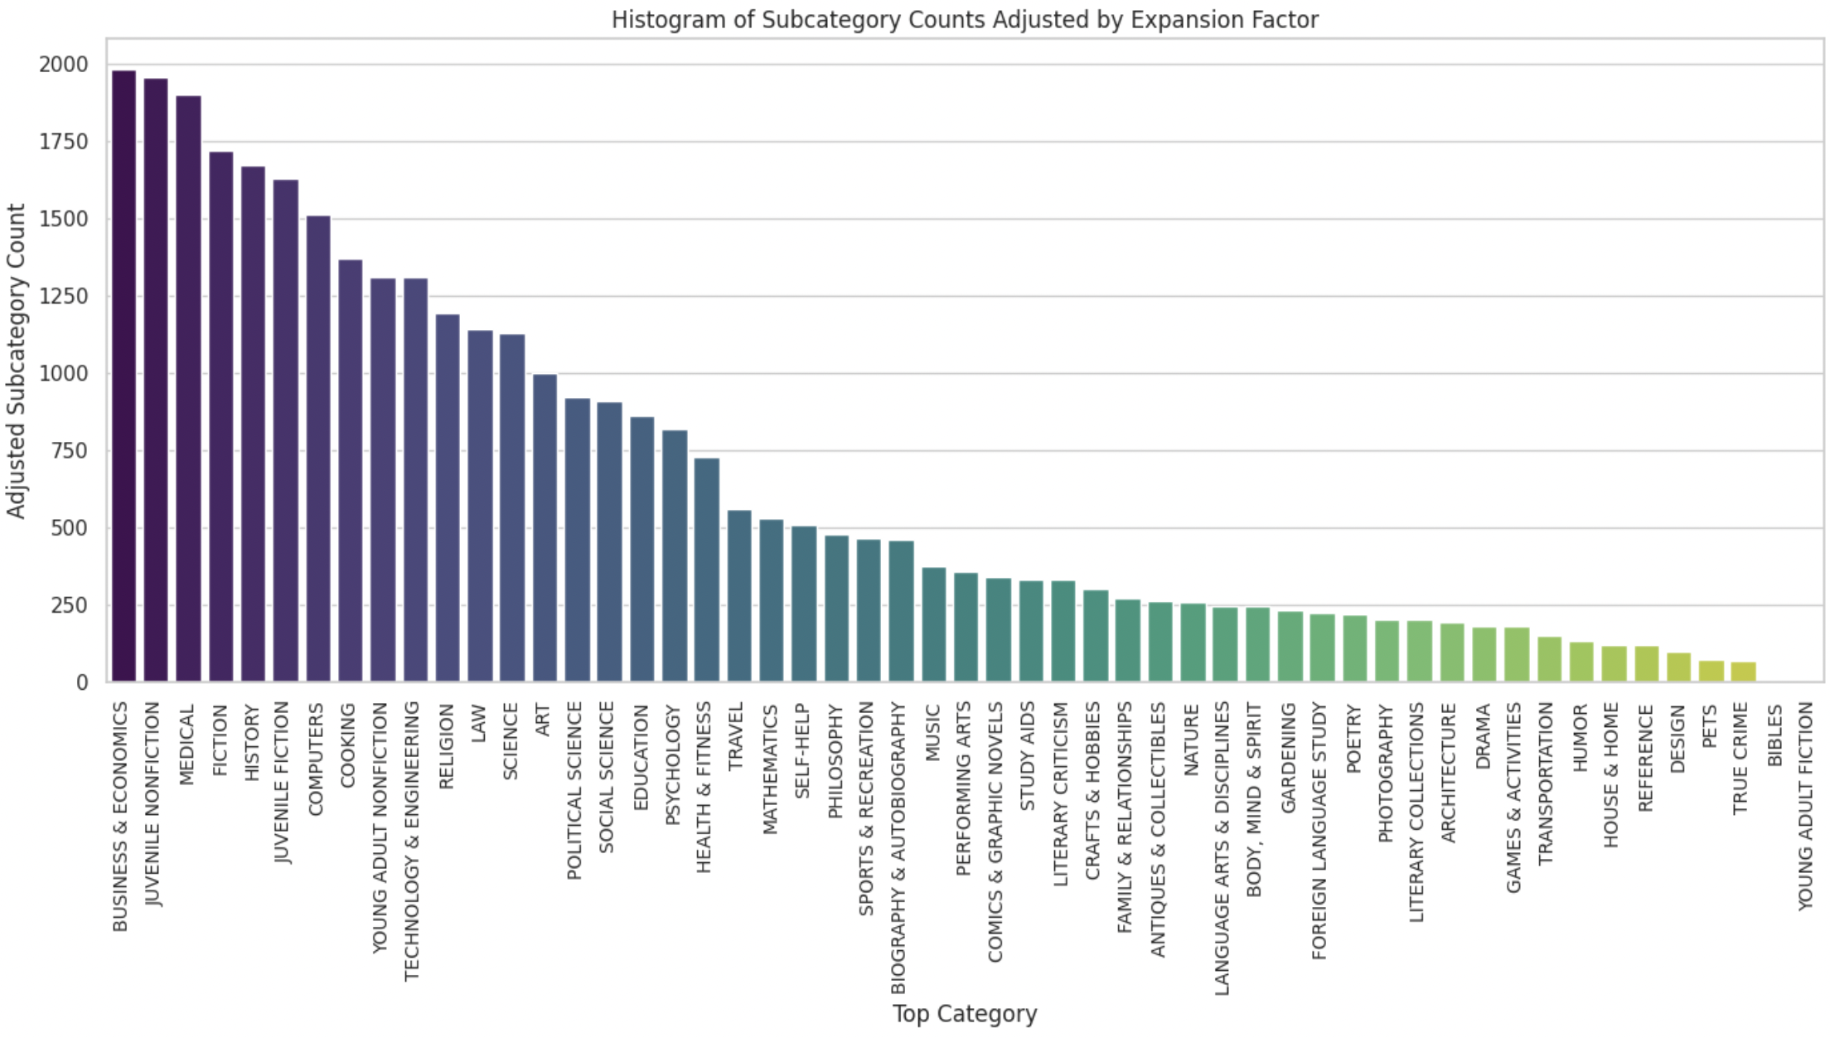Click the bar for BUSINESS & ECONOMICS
pyautogui.click(x=123, y=376)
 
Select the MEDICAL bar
pyautogui.click(x=188, y=389)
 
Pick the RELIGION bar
pyautogui.click(x=448, y=497)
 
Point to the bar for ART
pyautogui.click(x=545, y=528)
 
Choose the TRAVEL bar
pyautogui.click(x=739, y=596)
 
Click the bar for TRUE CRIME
pyautogui.click(x=1744, y=672)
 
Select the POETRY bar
pyautogui.click(x=1355, y=648)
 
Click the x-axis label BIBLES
pyautogui.click(x=1775, y=735)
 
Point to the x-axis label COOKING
pyautogui.click(x=349, y=745)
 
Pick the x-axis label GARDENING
pyautogui.click(x=1290, y=758)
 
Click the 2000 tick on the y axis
pyautogui.click(x=63, y=65)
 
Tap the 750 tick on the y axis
pyautogui.click(x=69, y=451)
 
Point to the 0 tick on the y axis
pyautogui.click(x=81, y=682)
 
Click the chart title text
pyautogui.click(x=965, y=19)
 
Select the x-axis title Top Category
pyautogui.click(x=965, y=1014)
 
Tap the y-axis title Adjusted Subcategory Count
pyautogui.click(x=17, y=361)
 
